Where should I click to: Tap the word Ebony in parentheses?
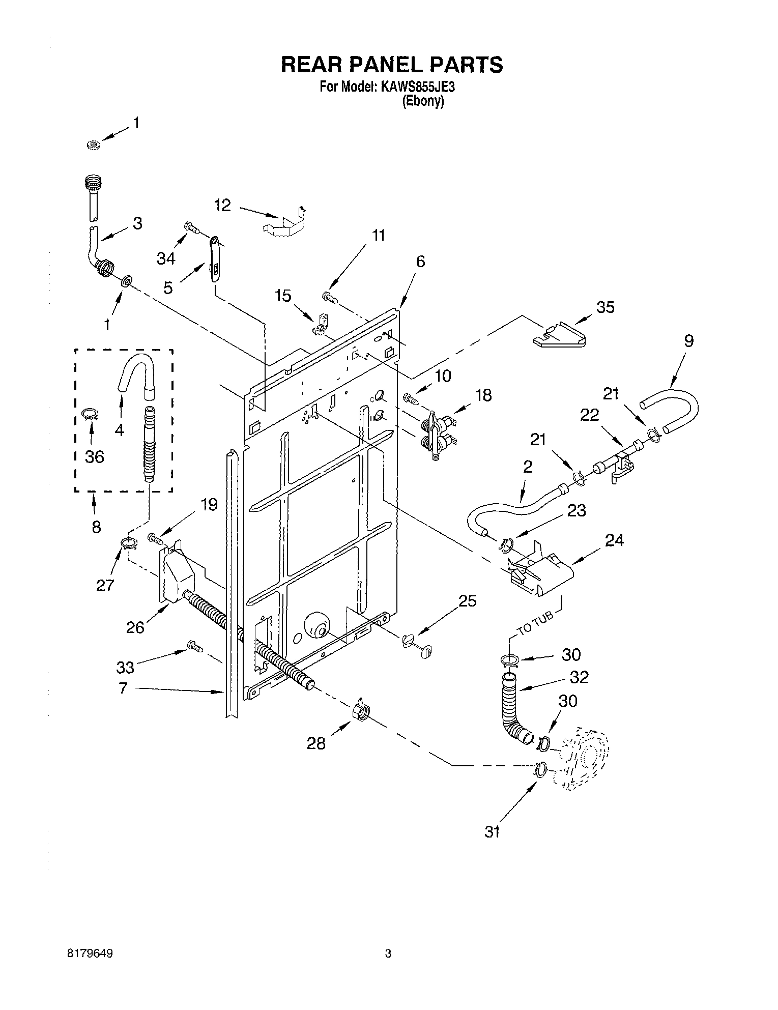pyautogui.click(x=423, y=101)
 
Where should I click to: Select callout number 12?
pyautogui.click(x=223, y=206)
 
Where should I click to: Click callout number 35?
pyautogui.click(x=606, y=307)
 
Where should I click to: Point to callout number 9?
pyautogui.click(x=688, y=341)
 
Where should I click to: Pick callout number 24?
pyautogui.click(x=614, y=540)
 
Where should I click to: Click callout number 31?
pyautogui.click(x=492, y=831)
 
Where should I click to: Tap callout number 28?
pyautogui.click(x=316, y=743)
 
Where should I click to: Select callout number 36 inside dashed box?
pyautogui.click(x=95, y=456)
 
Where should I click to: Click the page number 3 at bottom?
pyautogui.click(x=388, y=955)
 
